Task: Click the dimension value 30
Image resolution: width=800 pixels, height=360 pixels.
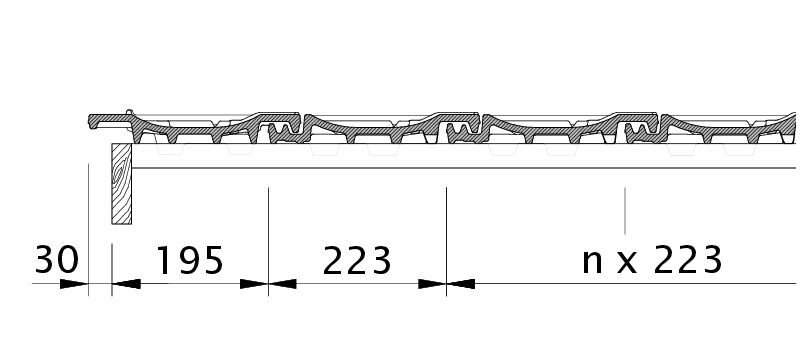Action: [x=57, y=259]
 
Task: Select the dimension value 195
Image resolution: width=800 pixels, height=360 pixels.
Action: [x=190, y=260]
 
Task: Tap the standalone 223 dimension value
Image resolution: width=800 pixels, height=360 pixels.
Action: [x=357, y=260]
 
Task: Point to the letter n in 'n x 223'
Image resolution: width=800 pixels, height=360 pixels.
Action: [x=592, y=263]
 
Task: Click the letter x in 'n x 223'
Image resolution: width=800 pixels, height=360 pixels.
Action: [x=627, y=263]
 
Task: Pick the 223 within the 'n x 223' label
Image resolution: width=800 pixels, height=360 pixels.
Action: [x=688, y=260]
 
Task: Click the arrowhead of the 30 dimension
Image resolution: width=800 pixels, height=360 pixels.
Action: [x=74, y=284]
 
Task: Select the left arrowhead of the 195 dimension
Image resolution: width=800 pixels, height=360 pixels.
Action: [x=126, y=284]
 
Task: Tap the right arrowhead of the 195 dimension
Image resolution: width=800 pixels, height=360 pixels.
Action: [x=254, y=284]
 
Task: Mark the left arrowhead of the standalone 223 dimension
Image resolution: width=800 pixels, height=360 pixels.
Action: [x=283, y=284]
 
